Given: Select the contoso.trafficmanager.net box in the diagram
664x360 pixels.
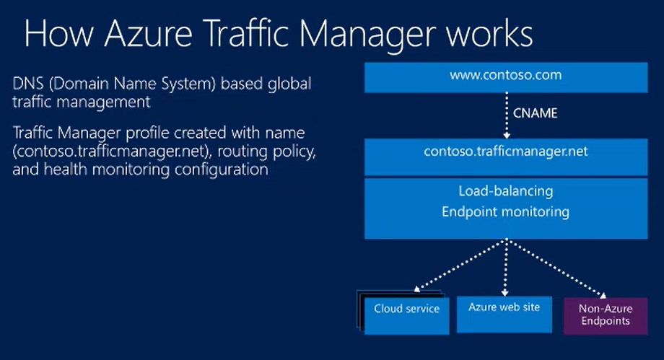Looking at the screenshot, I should pyautogui.click(x=504, y=153).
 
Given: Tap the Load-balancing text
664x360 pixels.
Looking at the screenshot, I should pyautogui.click(x=505, y=192).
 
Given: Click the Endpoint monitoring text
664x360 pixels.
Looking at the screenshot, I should pyautogui.click(x=505, y=212).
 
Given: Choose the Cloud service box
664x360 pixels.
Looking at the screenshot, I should pyautogui.click(x=406, y=309).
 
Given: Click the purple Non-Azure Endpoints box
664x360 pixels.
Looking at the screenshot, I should pyautogui.click(x=604, y=314).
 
